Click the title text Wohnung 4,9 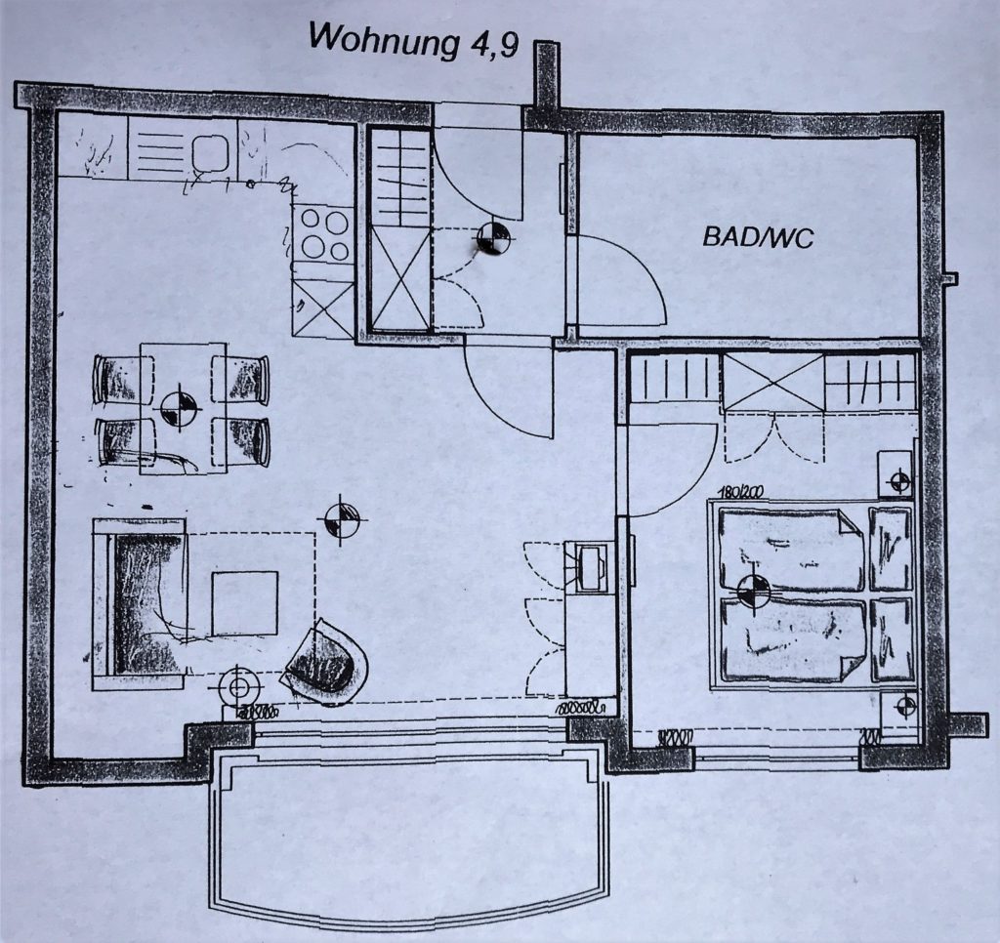pos(413,41)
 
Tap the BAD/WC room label pos(758,238)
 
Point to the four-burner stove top pos(324,234)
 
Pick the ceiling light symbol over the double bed pos(753,590)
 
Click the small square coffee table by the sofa pos(245,603)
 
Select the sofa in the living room pos(140,604)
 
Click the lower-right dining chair pos(241,442)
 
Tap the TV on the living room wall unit pos(591,567)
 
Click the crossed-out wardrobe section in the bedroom pos(773,383)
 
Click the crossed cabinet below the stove pos(322,308)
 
